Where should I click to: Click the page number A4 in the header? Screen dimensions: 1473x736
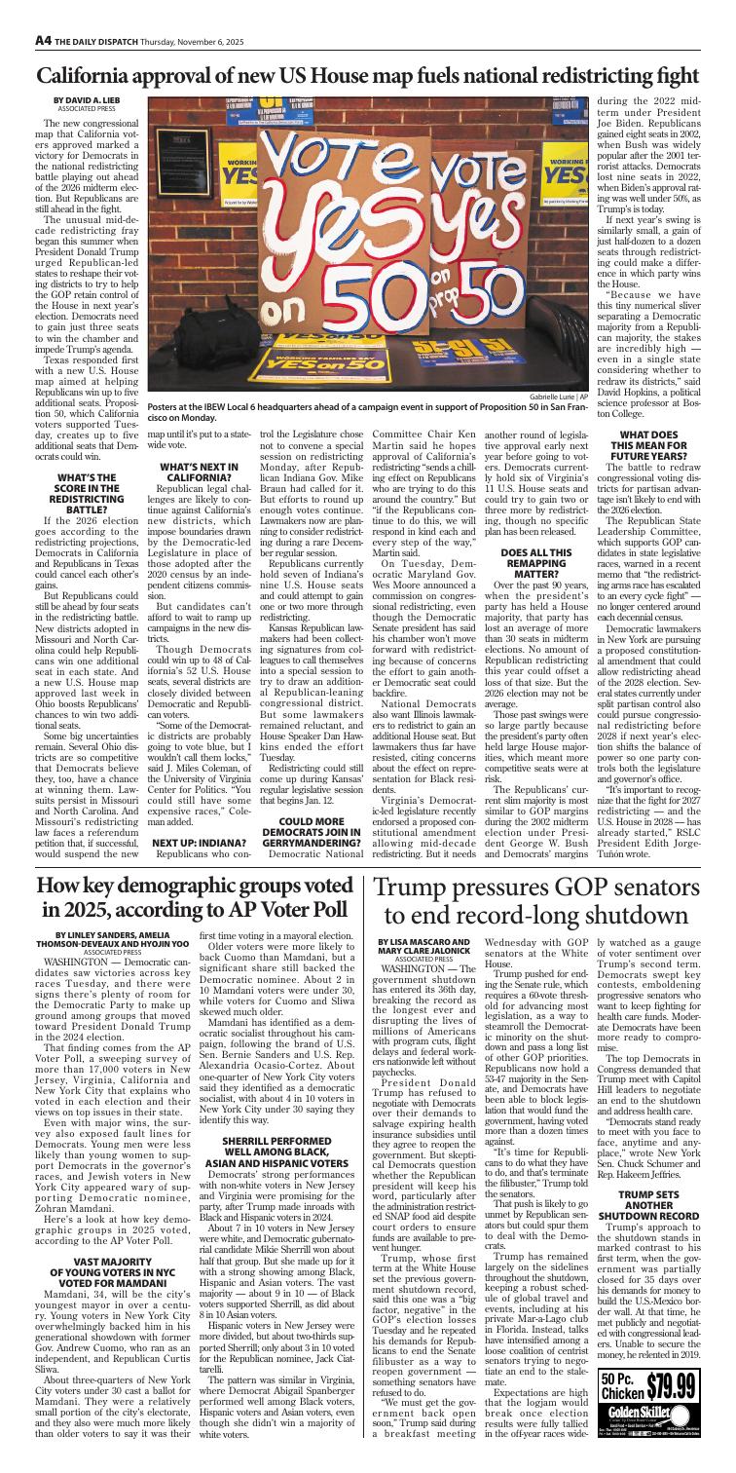(18, 13)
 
